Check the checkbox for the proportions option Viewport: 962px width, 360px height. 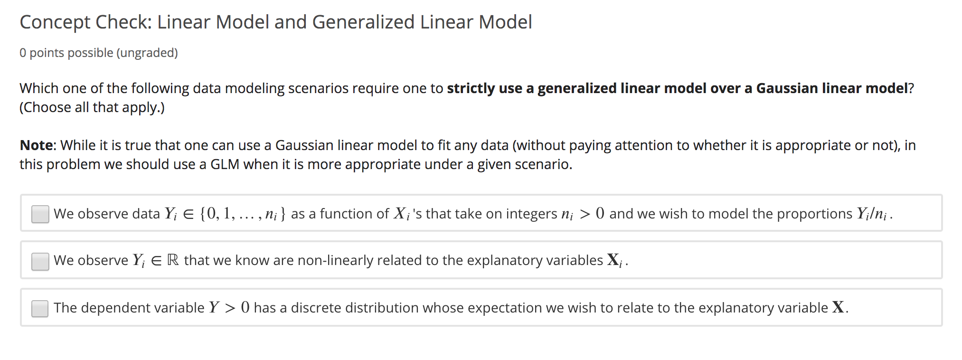click(40, 214)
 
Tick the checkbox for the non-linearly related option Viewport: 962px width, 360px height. click(40, 261)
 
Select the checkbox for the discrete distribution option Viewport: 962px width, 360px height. click(40, 308)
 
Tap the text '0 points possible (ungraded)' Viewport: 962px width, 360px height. click(99, 53)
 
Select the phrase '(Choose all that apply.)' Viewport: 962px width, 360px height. click(92, 107)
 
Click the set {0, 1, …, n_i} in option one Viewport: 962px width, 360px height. click(243, 214)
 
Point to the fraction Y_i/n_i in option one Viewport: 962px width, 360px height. click(872, 214)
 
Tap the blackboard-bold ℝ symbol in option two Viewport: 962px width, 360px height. click(173, 260)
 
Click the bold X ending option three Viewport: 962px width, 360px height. click(839, 308)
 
